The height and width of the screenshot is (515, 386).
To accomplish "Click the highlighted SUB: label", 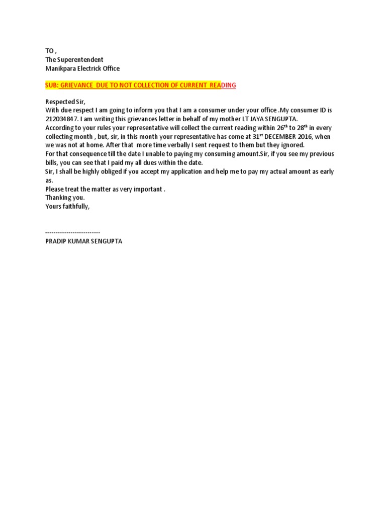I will click(x=52, y=85).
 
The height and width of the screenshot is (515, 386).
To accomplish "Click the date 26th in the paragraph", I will click(x=277, y=128).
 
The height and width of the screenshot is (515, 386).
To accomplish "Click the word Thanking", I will click(x=58, y=198).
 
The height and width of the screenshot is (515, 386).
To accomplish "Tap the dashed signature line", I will click(x=72, y=233).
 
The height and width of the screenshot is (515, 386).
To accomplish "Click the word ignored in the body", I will click(x=292, y=145).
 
